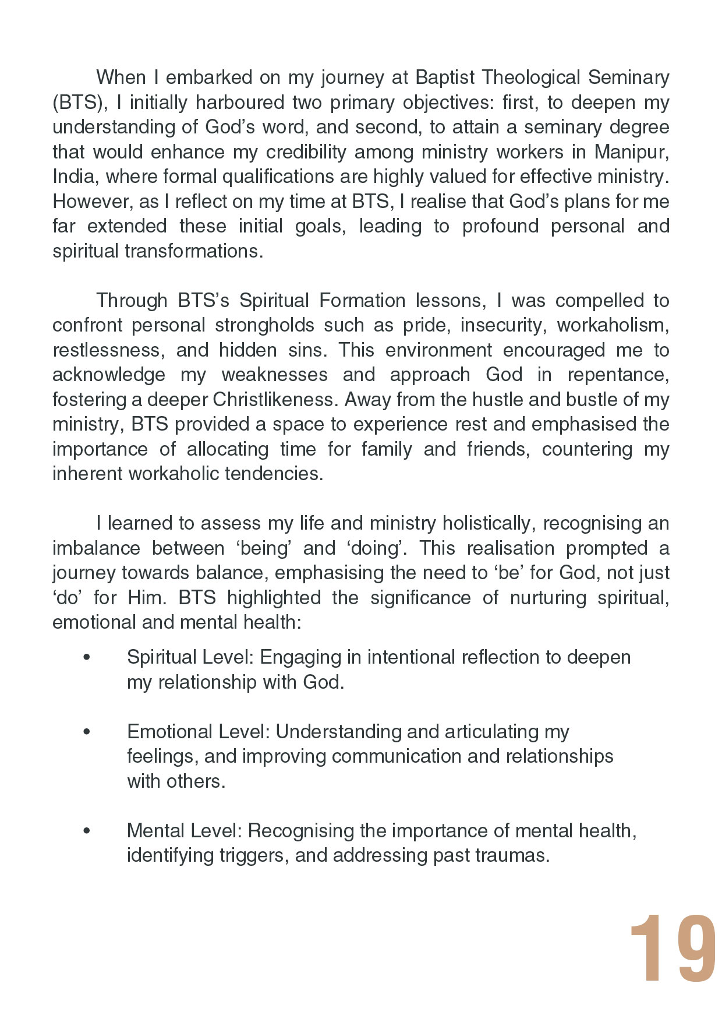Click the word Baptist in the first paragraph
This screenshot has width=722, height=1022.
(443, 77)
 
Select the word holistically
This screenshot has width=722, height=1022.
(487, 523)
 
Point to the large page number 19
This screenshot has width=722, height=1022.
(673, 949)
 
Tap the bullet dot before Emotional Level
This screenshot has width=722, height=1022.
(87, 732)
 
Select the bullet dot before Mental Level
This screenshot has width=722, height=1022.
(87, 831)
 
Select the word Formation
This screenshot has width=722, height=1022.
(362, 301)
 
